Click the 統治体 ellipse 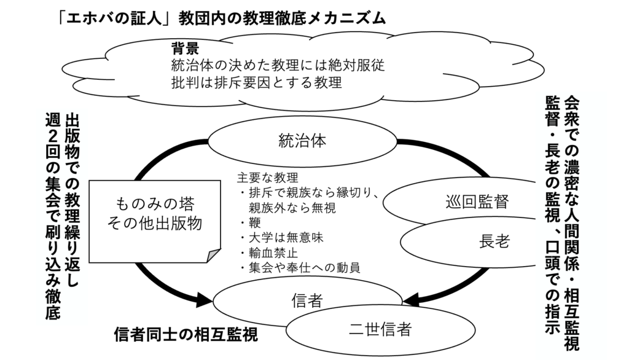coord(302,139)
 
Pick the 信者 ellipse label coord(307,300)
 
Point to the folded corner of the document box coord(213,254)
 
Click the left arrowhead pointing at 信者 coord(204,301)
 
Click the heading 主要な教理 coord(268,178)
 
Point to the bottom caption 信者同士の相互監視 coord(186,335)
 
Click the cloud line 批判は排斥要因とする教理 coord(256,82)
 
